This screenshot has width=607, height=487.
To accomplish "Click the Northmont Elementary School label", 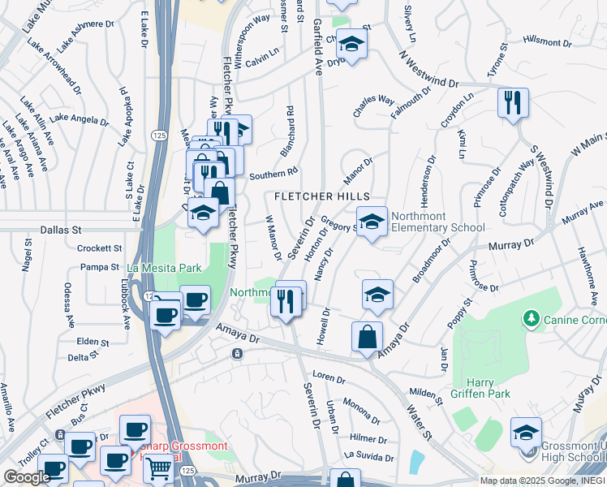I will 437,222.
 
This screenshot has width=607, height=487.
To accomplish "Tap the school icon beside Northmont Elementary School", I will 372,222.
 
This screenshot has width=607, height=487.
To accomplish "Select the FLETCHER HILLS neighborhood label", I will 321,196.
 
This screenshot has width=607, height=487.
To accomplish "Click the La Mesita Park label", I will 162,267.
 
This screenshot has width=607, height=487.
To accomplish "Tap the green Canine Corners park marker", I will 532,317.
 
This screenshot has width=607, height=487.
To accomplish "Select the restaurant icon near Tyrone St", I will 513,102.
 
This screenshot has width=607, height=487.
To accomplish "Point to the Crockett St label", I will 100,248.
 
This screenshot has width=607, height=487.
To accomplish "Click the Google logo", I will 27,477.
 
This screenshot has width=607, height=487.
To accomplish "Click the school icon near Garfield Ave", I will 351,43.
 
